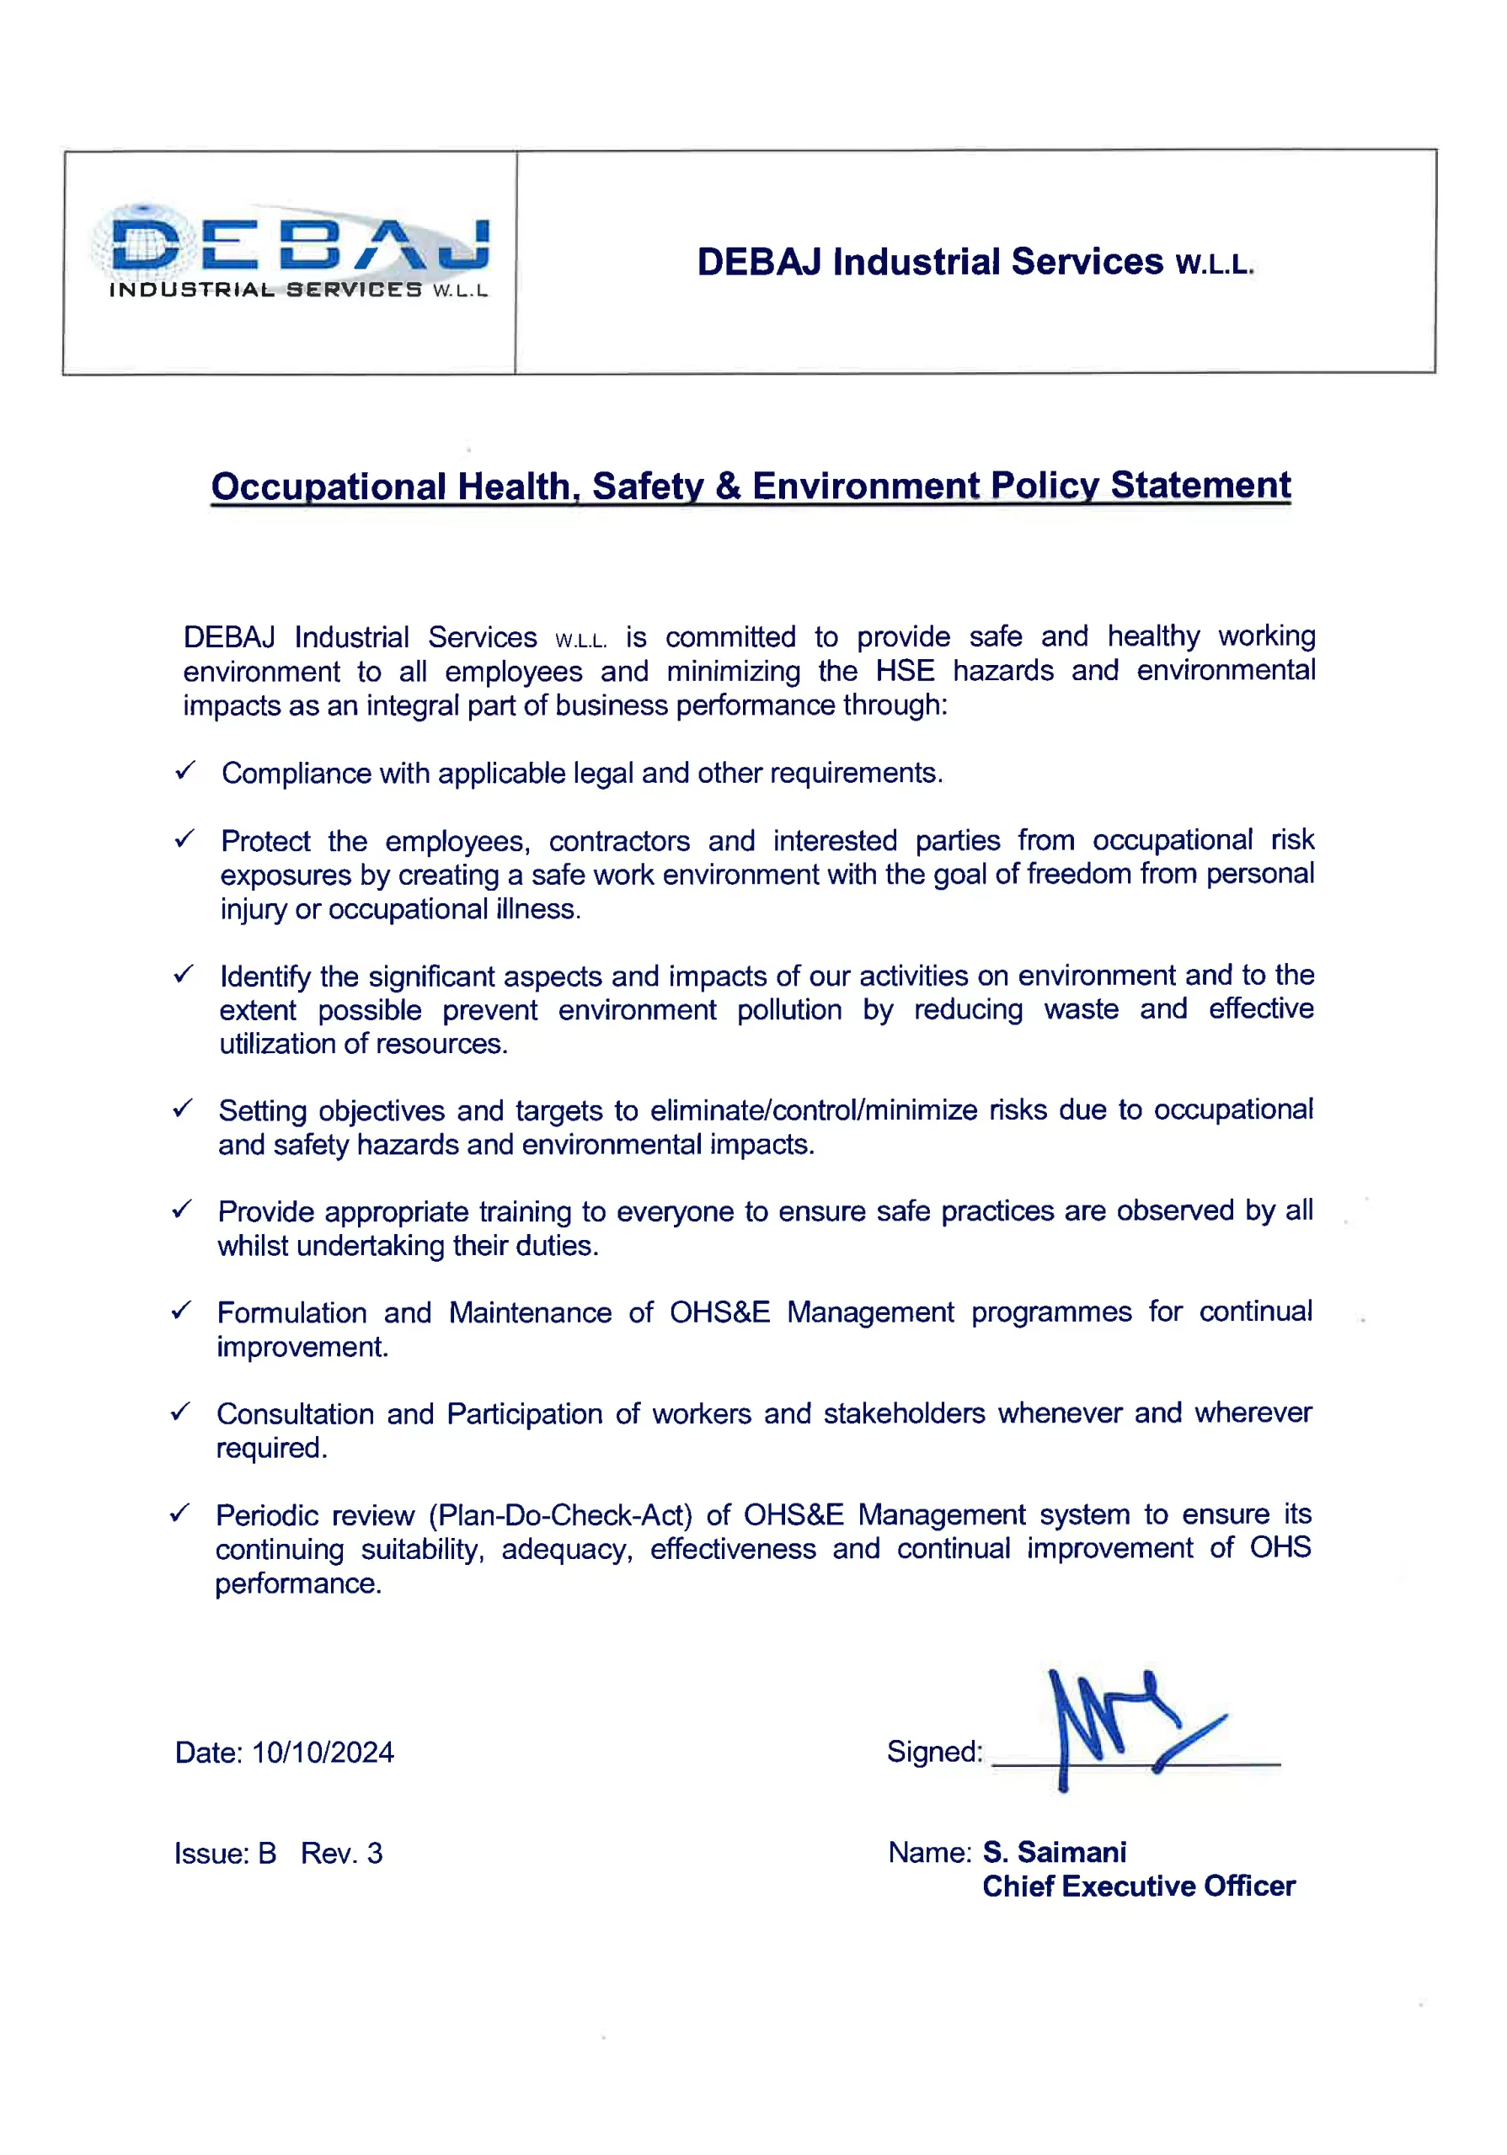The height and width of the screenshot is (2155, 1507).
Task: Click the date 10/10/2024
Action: [323, 1753]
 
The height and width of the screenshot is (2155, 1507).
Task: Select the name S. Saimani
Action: [1055, 1852]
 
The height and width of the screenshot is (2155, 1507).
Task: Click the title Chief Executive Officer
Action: [1138, 1886]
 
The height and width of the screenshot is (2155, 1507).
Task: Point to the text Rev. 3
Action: [342, 1854]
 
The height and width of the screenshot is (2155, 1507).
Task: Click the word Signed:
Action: [934, 1752]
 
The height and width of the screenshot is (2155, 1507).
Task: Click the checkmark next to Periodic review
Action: [180, 1513]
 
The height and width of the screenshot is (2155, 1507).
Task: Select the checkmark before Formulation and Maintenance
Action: [181, 1311]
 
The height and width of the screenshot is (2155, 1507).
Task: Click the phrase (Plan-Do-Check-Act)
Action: [560, 1515]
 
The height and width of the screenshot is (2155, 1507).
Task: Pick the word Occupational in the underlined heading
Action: [329, 487]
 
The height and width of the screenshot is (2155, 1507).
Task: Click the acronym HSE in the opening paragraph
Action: [906, 670]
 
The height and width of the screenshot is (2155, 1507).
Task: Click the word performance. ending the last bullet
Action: [298, 1583]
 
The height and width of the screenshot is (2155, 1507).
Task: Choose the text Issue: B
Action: [226, 1854]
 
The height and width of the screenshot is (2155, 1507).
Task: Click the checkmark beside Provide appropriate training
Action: [181, 1209]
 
